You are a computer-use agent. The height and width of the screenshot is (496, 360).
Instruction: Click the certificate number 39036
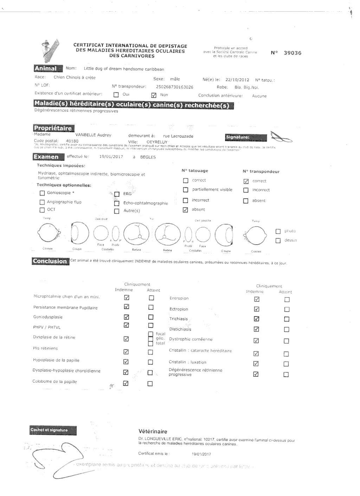pyautogui.click(x=292, y=53)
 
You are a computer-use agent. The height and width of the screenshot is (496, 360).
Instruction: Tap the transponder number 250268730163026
pyautogui.click(x=174, y=87)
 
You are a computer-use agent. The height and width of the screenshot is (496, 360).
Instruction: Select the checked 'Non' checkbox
pyautogui.click(x=154, y=95)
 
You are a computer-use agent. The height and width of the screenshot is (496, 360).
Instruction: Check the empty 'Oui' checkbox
pyautogui.click(x=116, y=95)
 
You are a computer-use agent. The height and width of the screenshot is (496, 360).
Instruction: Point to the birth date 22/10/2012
pyautogui.click(x=237, y=80)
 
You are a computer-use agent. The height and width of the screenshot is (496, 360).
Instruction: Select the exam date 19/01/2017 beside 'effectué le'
pyautogui.click(x=111, y=157)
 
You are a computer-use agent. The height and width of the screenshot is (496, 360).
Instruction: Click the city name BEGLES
pyautogui.click(x=148, y=157)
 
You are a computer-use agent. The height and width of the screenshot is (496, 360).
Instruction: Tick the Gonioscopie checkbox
pyautogui.click(x=42, y=193)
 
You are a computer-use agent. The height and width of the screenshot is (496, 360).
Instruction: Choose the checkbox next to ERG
pyautogui.click(x=117, y=194)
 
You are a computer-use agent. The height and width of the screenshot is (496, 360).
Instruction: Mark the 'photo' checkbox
pyautogui.click(x=278, y=231)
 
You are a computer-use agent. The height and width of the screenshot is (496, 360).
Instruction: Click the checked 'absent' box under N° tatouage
pyautogui.click(x=185, y=210)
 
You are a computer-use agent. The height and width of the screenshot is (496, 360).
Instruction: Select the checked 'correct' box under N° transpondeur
pyautogui.click(x=246, y=182)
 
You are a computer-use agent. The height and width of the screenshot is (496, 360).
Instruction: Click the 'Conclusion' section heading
pyautogui.click(x=50, y=261)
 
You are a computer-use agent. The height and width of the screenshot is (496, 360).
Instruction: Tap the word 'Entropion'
pyautogui.click(x=179, y=298)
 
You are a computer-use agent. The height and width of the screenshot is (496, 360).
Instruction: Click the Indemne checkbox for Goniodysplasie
pyautogui.click(x=126, y=317)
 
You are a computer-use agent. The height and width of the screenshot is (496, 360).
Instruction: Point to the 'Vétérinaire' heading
pyautogui.click(x=153, y=431)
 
